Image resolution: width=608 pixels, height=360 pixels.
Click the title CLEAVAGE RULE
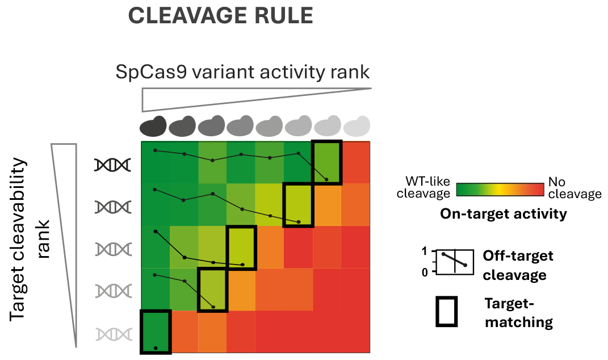221,16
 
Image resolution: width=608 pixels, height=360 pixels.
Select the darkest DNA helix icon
113,165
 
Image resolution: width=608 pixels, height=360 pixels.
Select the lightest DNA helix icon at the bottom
113,334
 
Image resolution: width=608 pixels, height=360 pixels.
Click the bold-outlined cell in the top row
327,162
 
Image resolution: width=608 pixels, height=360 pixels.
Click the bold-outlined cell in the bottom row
156,332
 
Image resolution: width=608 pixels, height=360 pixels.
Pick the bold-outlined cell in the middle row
241,247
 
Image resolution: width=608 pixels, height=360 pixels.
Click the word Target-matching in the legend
518,313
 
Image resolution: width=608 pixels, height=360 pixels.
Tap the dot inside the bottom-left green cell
156,347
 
